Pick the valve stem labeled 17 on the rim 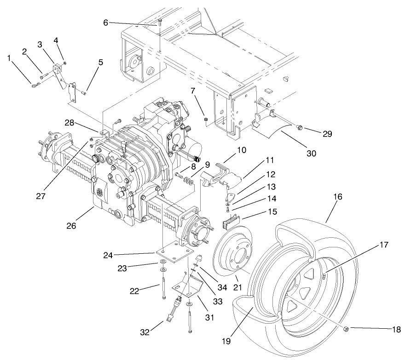pyautogui.click(x=324, y=276)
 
